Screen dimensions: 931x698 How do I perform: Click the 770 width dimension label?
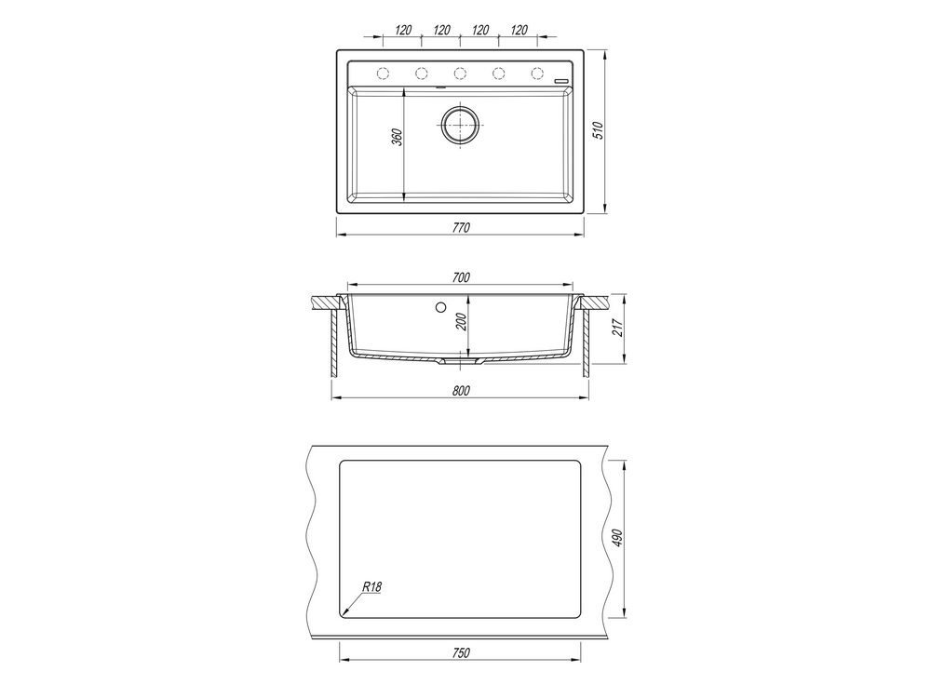coord(461,227)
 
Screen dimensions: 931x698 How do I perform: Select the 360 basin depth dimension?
coord(398,137)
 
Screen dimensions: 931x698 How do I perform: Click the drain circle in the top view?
coord(459,125)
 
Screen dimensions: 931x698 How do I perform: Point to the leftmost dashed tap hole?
coord(383,73)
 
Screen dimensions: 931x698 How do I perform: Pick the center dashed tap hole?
coord(460,73)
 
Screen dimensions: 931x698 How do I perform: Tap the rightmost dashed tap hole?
coord(537,73)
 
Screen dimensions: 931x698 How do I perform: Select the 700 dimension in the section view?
coord(461,277)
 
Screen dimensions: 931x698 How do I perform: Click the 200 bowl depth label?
coord(463,322)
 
